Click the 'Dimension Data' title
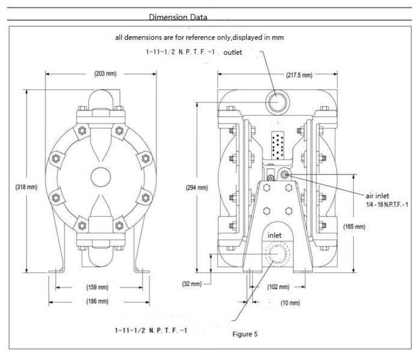pos(178,18)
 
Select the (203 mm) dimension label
pos(105,74)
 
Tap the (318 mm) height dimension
pos(26,187)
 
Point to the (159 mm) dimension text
pos(97,288)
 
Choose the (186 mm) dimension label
pos(97,301)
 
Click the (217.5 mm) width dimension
pos(299,75)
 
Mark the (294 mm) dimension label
pos(197,188)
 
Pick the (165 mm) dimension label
pos(354,227)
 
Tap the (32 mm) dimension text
pos(192,284)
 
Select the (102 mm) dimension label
pos(279,287)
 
